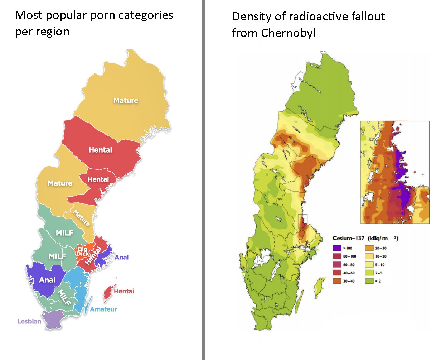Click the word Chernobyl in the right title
[288, 33]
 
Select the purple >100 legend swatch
[337, 248]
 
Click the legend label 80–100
[349, 256]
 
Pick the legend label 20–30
[381, 248]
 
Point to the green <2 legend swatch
[369, 281]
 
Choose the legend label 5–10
[380, 265]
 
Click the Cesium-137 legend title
[348, 238]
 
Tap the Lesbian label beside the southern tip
[29, 321]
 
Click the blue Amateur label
[103, 309]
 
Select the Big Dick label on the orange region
[83, 251]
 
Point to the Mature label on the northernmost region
[126, 101]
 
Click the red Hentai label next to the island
[124, 291]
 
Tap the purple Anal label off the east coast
[121, 257]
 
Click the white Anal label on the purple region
[47, 280]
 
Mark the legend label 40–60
[349, 273]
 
